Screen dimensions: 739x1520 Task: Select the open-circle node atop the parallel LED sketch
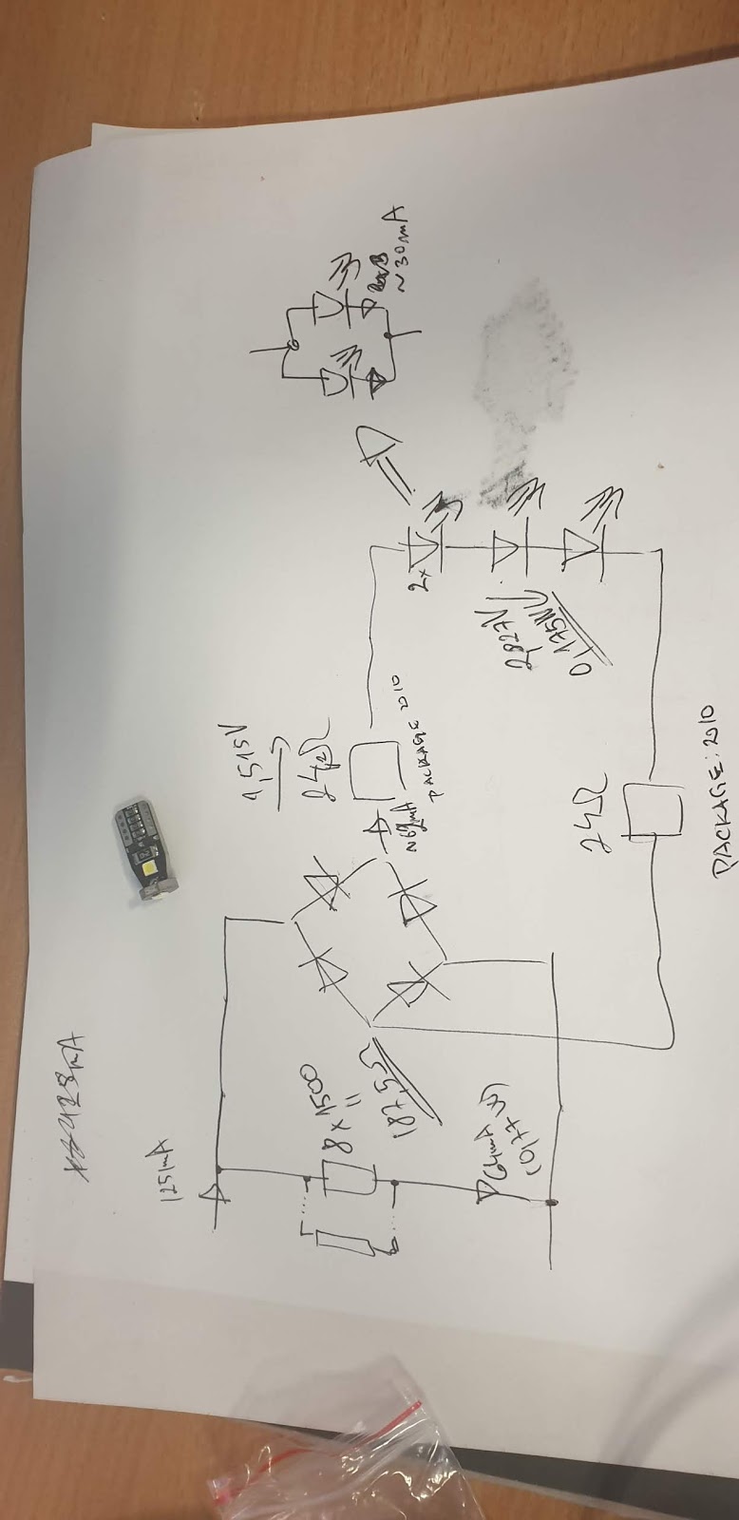click(x=294, y=343)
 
